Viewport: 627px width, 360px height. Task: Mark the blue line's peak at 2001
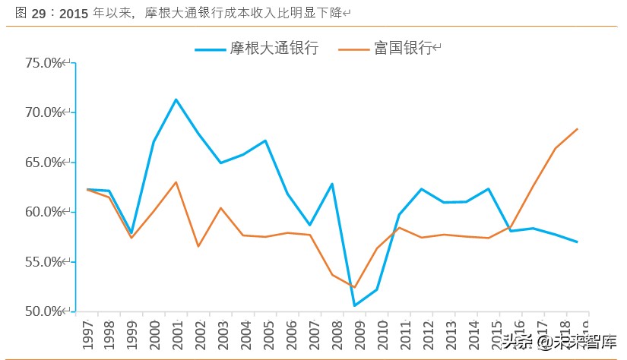click(176, 99)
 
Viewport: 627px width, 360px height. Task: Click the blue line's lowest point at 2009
click(354, 305)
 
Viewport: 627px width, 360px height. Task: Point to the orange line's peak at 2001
click(176, 182)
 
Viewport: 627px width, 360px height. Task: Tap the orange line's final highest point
click(578, 129)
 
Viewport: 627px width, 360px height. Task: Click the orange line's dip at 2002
click(198, 246)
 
